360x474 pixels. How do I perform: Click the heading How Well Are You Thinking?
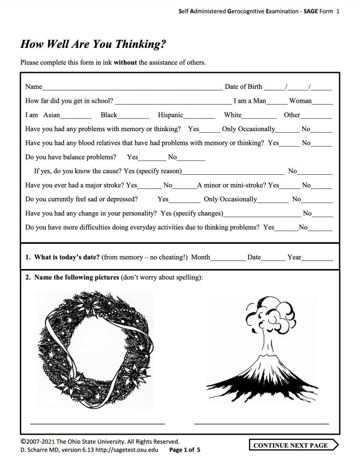93,45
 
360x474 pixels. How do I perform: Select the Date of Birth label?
243,87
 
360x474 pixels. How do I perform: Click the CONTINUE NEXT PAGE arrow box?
294,445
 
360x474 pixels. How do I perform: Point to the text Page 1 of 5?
185,450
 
